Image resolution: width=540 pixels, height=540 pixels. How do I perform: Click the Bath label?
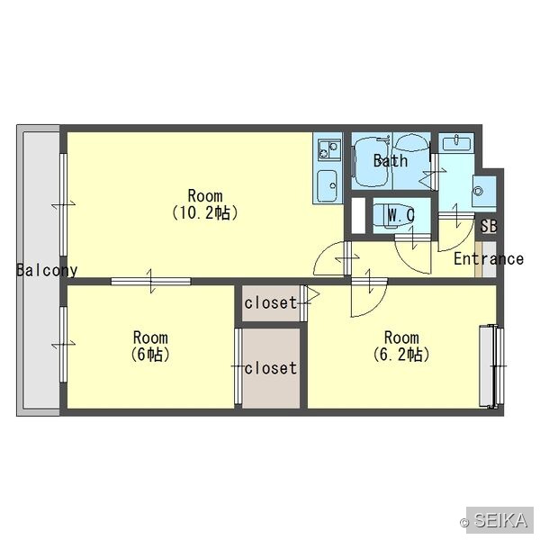tap(391, 160)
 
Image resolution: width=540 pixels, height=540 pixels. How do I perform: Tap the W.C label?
tap(401, 216)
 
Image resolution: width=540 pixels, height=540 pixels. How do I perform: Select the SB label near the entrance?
tap(489, 226)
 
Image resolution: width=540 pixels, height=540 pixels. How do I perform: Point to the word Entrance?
tap(489, 258)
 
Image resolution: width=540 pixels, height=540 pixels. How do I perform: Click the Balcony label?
tap(47, 270)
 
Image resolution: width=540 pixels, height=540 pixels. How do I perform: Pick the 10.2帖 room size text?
tap(204, 213)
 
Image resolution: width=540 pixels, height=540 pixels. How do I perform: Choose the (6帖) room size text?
tap(150, 355)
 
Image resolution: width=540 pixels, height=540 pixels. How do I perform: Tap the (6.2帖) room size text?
tap(401, 355)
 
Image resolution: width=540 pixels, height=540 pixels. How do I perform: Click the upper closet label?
tap(271, 302)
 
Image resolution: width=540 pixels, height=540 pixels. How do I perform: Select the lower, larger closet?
tap(271, 368)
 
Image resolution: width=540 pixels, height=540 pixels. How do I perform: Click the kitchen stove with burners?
tap(328, 149)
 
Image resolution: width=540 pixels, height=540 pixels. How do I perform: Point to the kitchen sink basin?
tap(327, 186)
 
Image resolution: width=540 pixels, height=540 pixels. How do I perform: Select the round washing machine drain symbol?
tap(478, 191)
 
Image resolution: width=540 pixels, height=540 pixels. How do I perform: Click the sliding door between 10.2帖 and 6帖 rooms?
tap(151, 281)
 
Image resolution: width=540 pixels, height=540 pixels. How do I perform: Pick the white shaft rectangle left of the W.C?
tap(358, 216)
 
